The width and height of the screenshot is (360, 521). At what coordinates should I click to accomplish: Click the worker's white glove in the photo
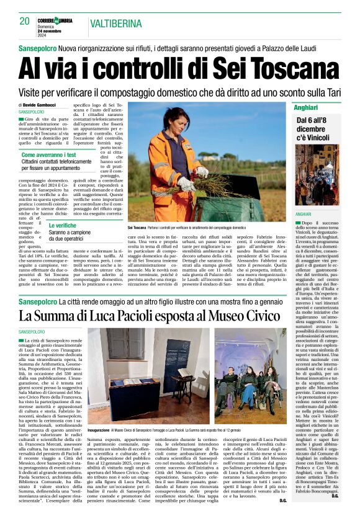[x=184, y=184]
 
